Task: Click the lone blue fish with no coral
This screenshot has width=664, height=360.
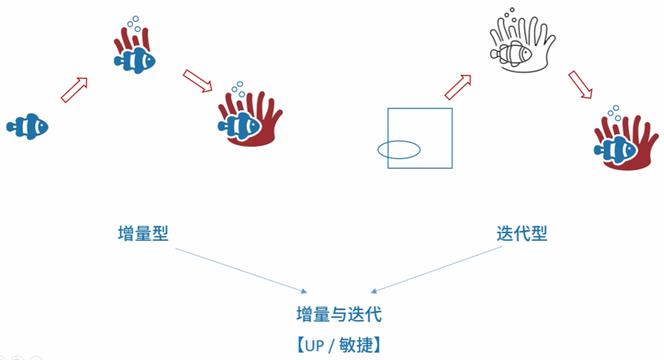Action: coord(28,124)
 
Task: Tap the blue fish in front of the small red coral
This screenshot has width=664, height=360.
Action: coord(135,58)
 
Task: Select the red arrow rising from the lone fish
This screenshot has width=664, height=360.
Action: coord(75,88)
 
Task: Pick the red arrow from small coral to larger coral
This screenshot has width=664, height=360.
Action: coord(198,81)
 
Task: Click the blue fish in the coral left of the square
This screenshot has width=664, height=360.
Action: coord(239,124)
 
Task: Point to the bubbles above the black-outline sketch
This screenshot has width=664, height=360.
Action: coord(510,17)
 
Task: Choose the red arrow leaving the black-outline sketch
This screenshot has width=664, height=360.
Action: coord(580,84)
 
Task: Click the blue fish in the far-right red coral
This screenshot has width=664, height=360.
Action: coord(614,147)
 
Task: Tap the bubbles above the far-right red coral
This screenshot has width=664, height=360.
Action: coord(614,114)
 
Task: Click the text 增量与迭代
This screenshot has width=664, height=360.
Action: coord(339,315)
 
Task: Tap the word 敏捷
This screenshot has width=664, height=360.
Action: coord(356,343)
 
